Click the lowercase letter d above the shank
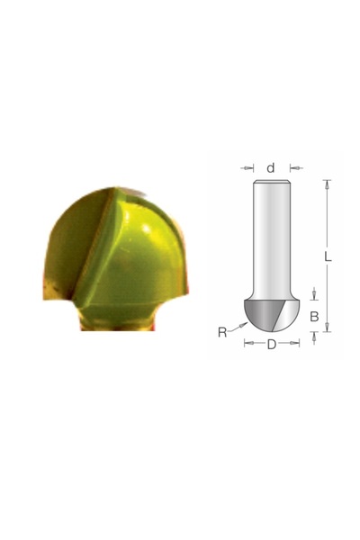tap(271, 167)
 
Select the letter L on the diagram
tap(328, 256)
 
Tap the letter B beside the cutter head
tap(314, 316)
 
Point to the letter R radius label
tap(221, 332)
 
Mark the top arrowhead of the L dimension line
tap(327, 184)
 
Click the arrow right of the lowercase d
tap(293, 167)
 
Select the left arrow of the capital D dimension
tap(248, 344)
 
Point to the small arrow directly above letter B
tap(314, 292)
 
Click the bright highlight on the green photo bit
tap(135, 225)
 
